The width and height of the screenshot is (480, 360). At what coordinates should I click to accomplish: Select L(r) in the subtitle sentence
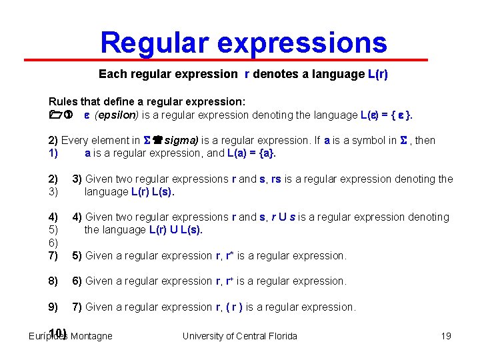pos(377,75)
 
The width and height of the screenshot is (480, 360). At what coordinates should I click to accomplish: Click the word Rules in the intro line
pos(63,102)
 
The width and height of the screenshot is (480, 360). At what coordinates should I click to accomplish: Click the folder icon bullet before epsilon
pos(55,115)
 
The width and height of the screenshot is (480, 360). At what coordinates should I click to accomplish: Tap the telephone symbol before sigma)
pos(158,141)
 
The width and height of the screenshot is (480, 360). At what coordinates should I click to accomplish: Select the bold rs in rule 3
pos(276,179)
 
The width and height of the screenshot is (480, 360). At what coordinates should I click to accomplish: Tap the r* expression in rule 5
pos(229,255)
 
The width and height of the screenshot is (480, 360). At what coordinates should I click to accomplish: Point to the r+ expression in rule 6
pos(229,281)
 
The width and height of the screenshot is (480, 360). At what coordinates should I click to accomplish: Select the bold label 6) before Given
pos(77,281)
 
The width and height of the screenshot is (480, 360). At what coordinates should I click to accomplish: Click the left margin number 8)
pos(54,281)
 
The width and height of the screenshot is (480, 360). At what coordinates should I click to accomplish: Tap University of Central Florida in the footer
pos(239,336)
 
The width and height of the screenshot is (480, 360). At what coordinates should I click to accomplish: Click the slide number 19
pos(446,336)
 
